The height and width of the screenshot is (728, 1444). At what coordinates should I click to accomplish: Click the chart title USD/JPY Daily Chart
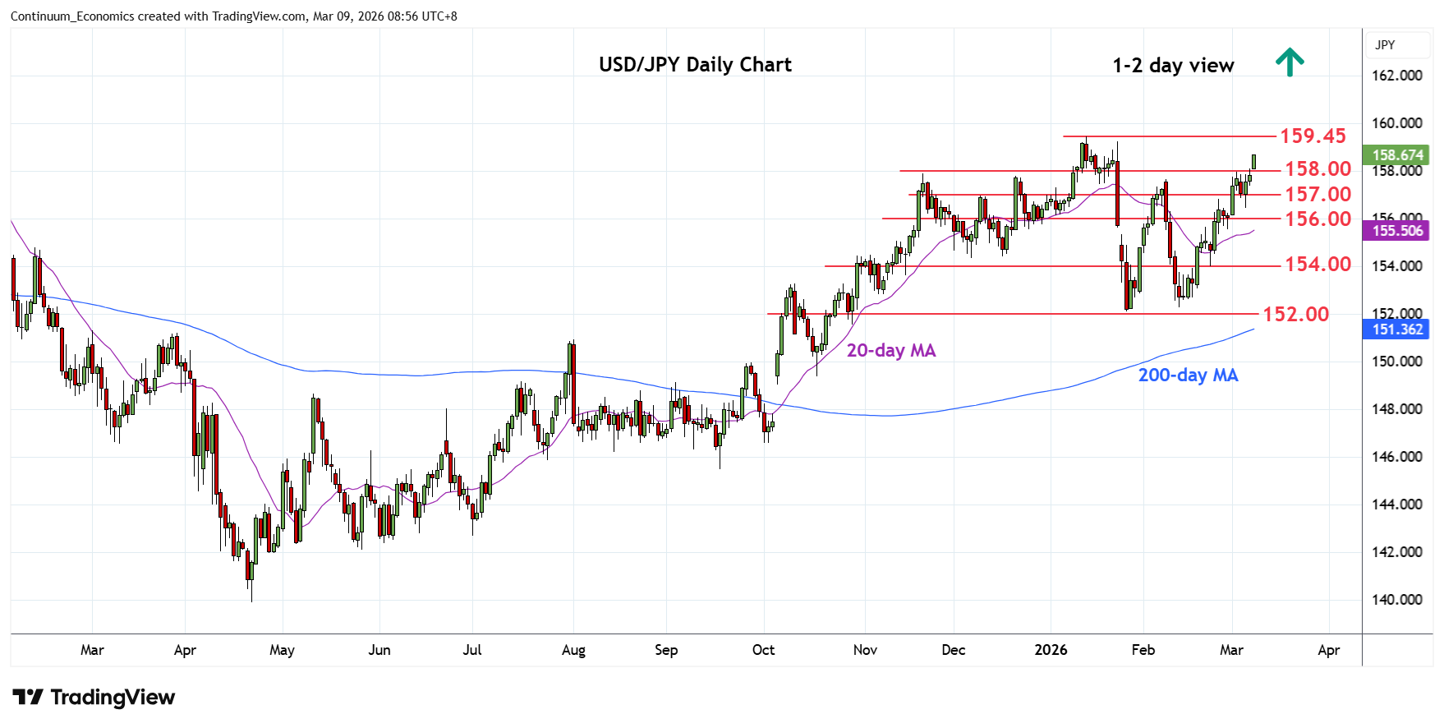click(x=695, y=65)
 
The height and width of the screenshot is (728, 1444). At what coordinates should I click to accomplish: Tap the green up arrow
click(x=1290, y=62)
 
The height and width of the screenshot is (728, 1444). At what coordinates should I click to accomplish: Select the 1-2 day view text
click(x=1173, y=66)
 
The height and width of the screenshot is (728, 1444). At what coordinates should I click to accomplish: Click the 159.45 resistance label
click(x=1313, y=136)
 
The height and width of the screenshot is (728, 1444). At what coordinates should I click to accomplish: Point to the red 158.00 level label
click(x=1318, y=168)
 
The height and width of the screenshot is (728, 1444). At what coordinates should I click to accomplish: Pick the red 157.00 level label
click(x=1318, y=194)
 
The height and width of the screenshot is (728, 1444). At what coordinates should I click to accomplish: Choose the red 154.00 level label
click(x=1318, y=264)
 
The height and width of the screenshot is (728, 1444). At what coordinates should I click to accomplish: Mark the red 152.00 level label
click(x=1295, y=314)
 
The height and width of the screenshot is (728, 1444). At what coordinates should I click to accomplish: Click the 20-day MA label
click(x=891, y=351)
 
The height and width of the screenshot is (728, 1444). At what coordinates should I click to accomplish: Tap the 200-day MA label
click(x=1188, y=376)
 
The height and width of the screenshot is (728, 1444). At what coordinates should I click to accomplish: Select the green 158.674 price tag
click(x=1396, y=155)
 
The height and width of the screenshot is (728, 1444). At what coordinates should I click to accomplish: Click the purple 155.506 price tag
click(x=1396, y=231)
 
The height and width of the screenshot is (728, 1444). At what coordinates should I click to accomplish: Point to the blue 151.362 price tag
click(x=1396, y=329)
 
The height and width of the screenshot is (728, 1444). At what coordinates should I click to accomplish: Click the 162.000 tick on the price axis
click(x=1396, y=76)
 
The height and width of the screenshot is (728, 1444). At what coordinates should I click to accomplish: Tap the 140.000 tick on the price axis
click(x=1396, y=600)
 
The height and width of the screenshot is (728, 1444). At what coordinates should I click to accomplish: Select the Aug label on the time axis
click(x=573, y=650)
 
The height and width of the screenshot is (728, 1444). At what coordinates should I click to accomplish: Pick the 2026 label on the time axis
click(x=1051, y=650)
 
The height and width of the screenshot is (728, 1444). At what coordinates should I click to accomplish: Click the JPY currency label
click(x=1385, y=45)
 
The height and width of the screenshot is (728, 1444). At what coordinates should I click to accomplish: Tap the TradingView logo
click(x=94, y=698)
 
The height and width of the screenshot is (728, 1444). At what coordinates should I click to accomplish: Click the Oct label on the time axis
click(x=763, y=650)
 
